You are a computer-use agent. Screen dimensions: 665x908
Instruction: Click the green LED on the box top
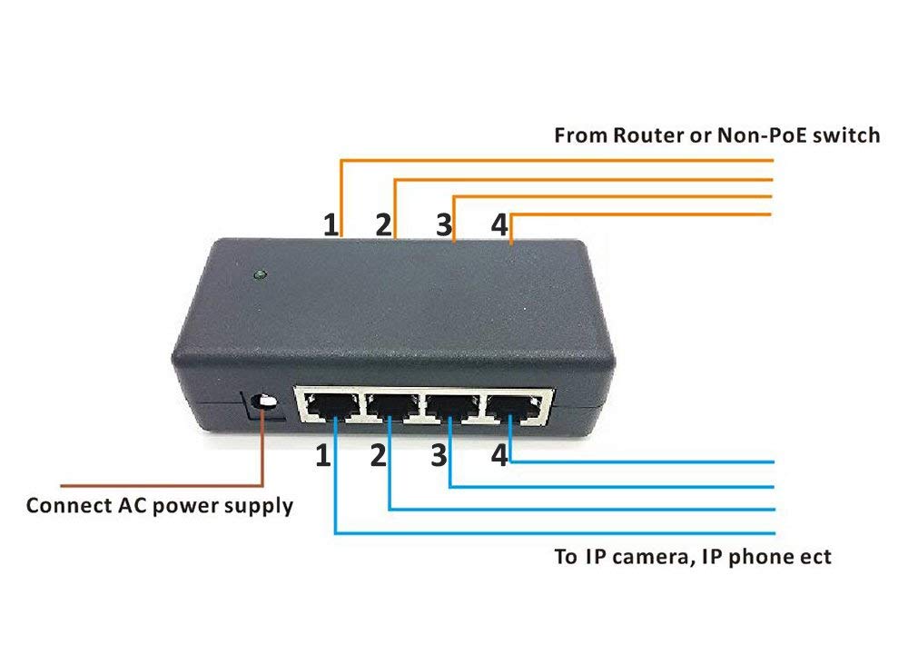(x=261, y=273)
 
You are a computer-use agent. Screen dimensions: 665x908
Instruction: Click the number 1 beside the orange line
(x=330, y=224)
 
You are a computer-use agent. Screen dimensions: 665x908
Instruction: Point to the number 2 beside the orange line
(x=384, y=224)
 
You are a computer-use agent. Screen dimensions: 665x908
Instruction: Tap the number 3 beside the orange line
(x=442, y=224)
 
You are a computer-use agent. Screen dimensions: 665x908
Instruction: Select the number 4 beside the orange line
(x=498, y=224)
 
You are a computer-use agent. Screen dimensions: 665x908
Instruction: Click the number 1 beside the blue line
(x=323, y=455)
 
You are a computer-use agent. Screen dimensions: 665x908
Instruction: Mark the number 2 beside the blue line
(x=379, y=455)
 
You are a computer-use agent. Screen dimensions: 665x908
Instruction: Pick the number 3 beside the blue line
(x=439, y=455)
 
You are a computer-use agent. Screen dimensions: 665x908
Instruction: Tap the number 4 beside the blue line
(x=498, y=455)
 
